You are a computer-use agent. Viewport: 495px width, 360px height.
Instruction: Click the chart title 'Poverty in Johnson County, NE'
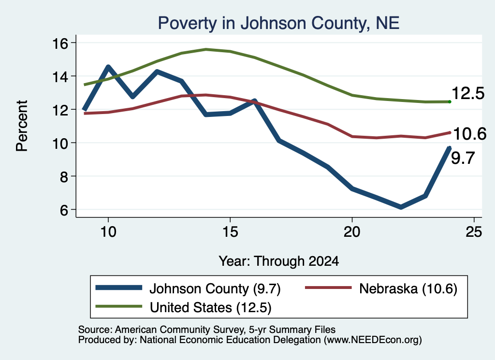279,23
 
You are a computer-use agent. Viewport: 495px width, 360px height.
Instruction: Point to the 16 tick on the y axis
60,43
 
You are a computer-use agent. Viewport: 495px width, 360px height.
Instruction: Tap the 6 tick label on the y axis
64,210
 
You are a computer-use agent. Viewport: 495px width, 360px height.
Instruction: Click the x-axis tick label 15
230,232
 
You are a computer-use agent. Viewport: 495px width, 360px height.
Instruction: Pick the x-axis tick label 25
474,232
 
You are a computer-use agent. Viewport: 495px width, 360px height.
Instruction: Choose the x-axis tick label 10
108,232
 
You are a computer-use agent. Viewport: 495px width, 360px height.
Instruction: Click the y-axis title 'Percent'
22,126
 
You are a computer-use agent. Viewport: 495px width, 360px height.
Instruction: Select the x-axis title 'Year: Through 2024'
279,261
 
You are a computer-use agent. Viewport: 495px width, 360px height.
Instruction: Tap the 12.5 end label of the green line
468,93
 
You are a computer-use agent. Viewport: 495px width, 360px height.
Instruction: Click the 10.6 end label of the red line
470,134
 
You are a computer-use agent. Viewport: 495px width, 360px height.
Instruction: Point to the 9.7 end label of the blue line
463,158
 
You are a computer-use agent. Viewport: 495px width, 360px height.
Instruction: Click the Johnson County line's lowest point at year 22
401,207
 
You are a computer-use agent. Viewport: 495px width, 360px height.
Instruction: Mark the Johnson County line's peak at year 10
109,67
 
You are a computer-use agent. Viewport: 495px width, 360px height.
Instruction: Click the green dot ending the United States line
450,101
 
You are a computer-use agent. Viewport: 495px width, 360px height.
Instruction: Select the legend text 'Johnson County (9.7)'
215,288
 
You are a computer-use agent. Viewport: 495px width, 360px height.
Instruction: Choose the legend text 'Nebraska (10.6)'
408,288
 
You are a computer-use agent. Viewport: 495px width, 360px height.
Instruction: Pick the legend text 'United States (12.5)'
211,307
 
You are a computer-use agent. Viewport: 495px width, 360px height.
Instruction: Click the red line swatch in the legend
328,288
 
